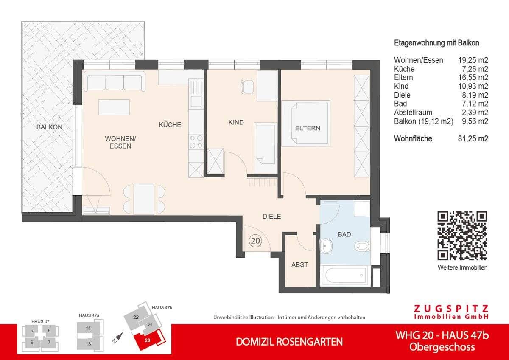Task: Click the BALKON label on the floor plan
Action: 49,127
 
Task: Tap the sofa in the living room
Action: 115,81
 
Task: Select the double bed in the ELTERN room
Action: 306,124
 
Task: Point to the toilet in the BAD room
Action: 363,245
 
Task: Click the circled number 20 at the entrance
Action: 255,241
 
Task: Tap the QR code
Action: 462,235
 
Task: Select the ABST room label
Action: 299,264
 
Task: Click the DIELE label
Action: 271,217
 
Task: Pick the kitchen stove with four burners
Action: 196,141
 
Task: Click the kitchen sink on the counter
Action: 196,101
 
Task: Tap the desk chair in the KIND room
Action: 247,87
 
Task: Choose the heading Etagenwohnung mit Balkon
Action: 436,43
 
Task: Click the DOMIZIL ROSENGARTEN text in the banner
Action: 289,342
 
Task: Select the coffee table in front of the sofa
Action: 114,107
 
